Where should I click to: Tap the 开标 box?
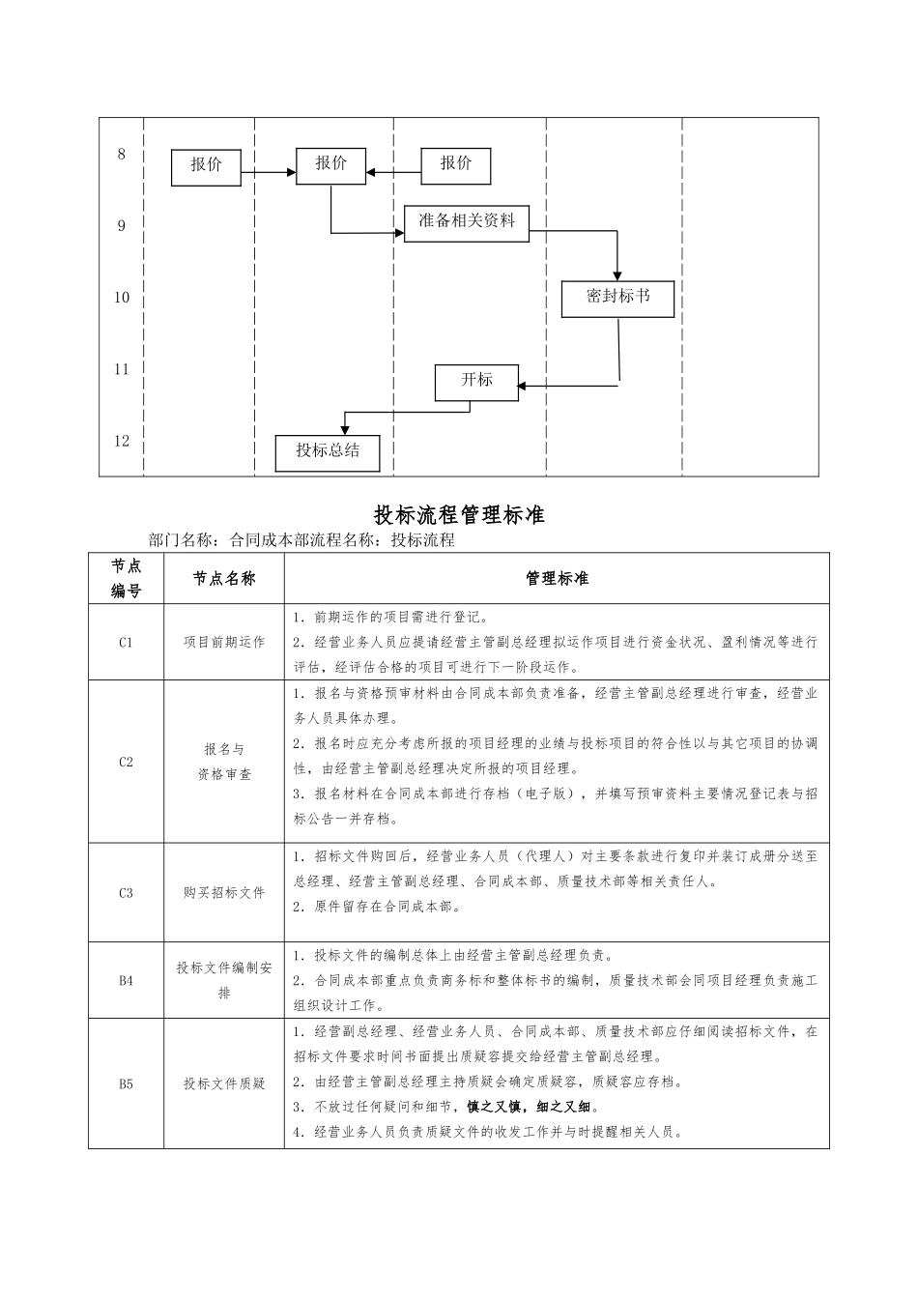(476, 382)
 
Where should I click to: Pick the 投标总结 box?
(328, 452)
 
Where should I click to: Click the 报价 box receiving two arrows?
(330, 165)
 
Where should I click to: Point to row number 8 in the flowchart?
(122, 154)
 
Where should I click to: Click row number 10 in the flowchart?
(122, 297)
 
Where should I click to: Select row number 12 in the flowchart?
(122, 441)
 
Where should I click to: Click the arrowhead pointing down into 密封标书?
(617, 275)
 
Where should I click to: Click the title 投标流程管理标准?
(459, 514)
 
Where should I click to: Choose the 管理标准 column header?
(557, 578)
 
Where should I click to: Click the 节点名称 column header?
(223, 578)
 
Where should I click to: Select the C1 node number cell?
(126, 642)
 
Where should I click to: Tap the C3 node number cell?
(126, 892)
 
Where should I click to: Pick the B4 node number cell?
(126, 980)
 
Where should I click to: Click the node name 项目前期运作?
(223, 642)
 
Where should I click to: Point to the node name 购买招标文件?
(223, 892)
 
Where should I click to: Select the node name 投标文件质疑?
(223, 1083)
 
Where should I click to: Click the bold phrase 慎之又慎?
(493, 1107)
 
